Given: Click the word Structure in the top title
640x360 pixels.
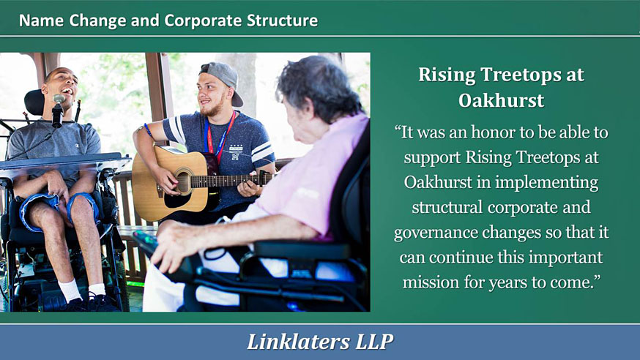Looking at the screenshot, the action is (x=282, y=20).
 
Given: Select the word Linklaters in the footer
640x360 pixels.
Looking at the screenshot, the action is (x=298, y=341).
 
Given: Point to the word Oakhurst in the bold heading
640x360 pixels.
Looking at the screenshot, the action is (x=501, y=100).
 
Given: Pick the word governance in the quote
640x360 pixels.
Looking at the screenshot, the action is (x=436, y=233).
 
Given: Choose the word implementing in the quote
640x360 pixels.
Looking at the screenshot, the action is (x=547, y=183).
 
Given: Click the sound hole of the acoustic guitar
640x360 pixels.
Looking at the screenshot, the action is (x=184, y=181).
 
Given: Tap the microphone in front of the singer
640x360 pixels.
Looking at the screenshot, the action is (x=58, y=111).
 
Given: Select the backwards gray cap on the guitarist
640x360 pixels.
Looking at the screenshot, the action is (x=223, y=80).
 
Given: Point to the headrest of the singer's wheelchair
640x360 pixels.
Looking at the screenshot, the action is (x=34, y=102).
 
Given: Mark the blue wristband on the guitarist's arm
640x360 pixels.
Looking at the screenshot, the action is (x=148, y=131).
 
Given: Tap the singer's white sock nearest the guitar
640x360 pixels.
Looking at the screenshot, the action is (x=97, y=290).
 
